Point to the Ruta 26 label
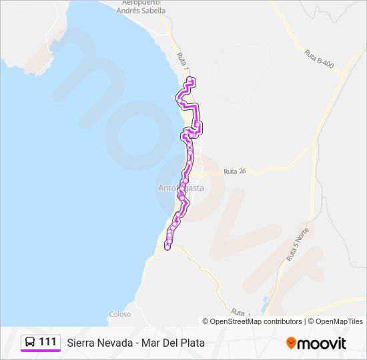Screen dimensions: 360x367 (235, 171)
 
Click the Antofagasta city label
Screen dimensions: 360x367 (181, 188)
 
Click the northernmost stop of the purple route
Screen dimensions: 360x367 (191, 80)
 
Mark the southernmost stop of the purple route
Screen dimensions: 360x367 (167, 247)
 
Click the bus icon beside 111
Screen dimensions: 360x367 (31, 342)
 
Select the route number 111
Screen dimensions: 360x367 (47, 342)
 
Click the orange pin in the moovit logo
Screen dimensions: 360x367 (292, 343)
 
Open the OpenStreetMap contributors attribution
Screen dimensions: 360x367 (257, 321)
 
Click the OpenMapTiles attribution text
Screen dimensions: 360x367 (340, 321)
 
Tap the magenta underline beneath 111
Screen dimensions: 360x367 (40, 351)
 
